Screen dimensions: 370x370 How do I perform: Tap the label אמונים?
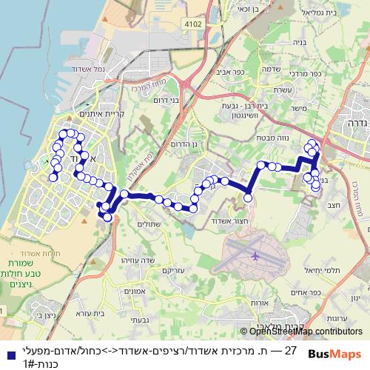click(134, 292)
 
